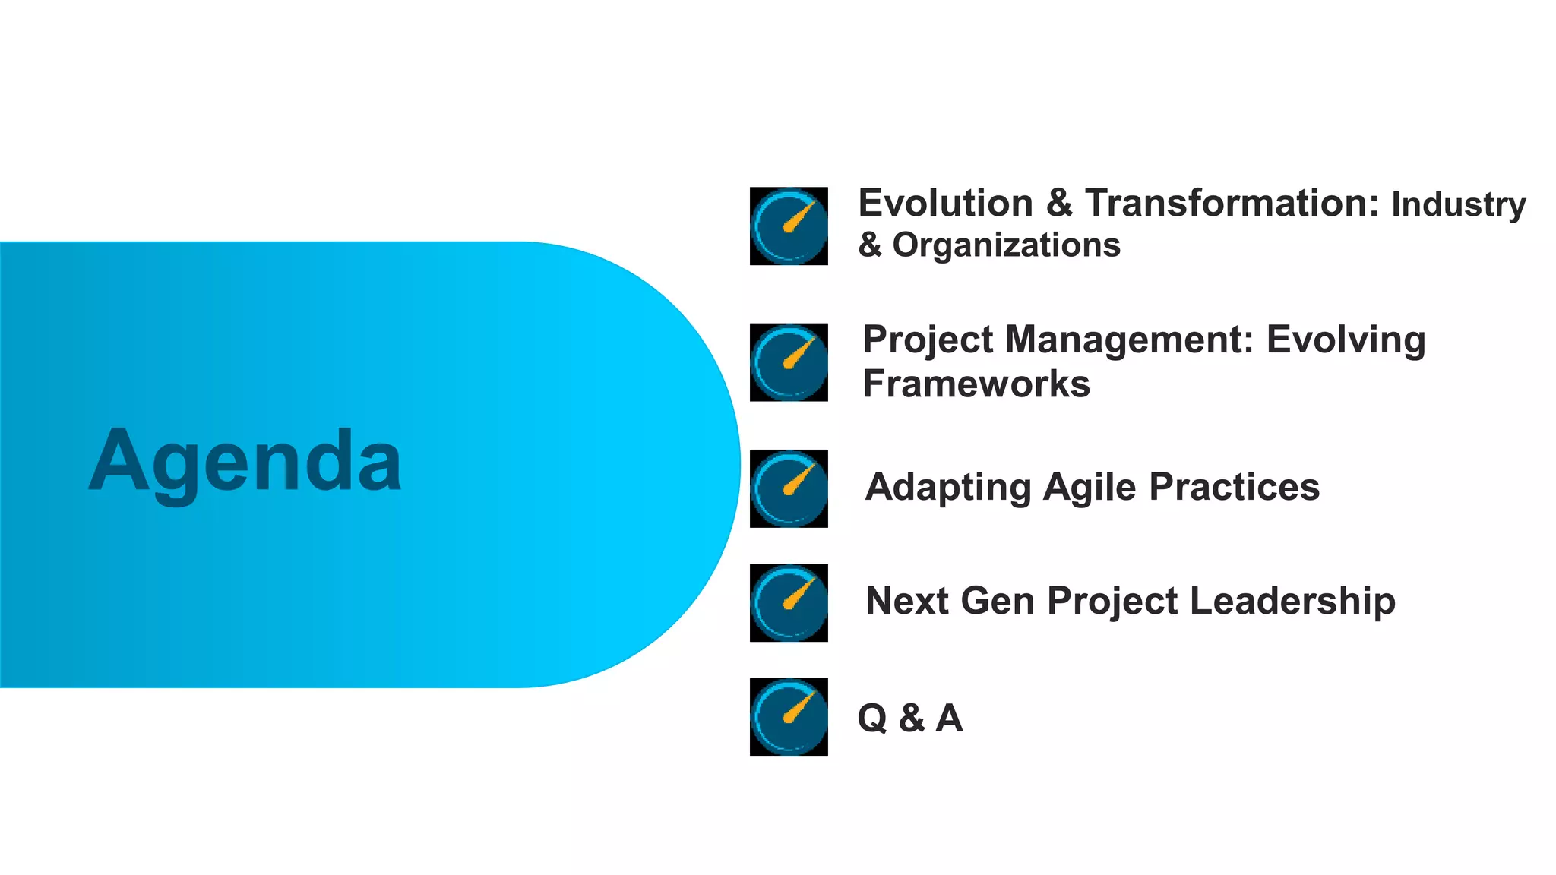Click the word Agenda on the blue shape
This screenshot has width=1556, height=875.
(x=245, y=461)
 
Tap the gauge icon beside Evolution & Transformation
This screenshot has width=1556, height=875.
(x=789, y=226)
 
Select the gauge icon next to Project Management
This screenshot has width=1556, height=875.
(x=789, y=362)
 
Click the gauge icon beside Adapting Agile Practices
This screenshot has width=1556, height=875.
(x=789, y=488)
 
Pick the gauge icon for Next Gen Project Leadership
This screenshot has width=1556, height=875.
(x=789, y=602)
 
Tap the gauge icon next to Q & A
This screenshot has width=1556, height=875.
(x=789, y=716)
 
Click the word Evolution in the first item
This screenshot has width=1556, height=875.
(x=945, y=204)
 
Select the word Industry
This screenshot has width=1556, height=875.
(x=1458, y=205)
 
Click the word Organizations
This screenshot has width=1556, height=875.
(x=1006, y=245)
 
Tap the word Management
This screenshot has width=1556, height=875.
(x=1129, y=340)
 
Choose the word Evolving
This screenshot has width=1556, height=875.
(x=1346, y=340)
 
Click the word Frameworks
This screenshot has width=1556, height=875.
(x=976, y=384)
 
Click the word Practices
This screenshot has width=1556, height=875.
(x=1234, y=487)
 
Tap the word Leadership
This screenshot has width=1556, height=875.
(x=1292, y=601)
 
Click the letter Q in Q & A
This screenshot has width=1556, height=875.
(x=872, y=718)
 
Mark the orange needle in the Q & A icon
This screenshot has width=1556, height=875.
(x=797, y=709)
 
